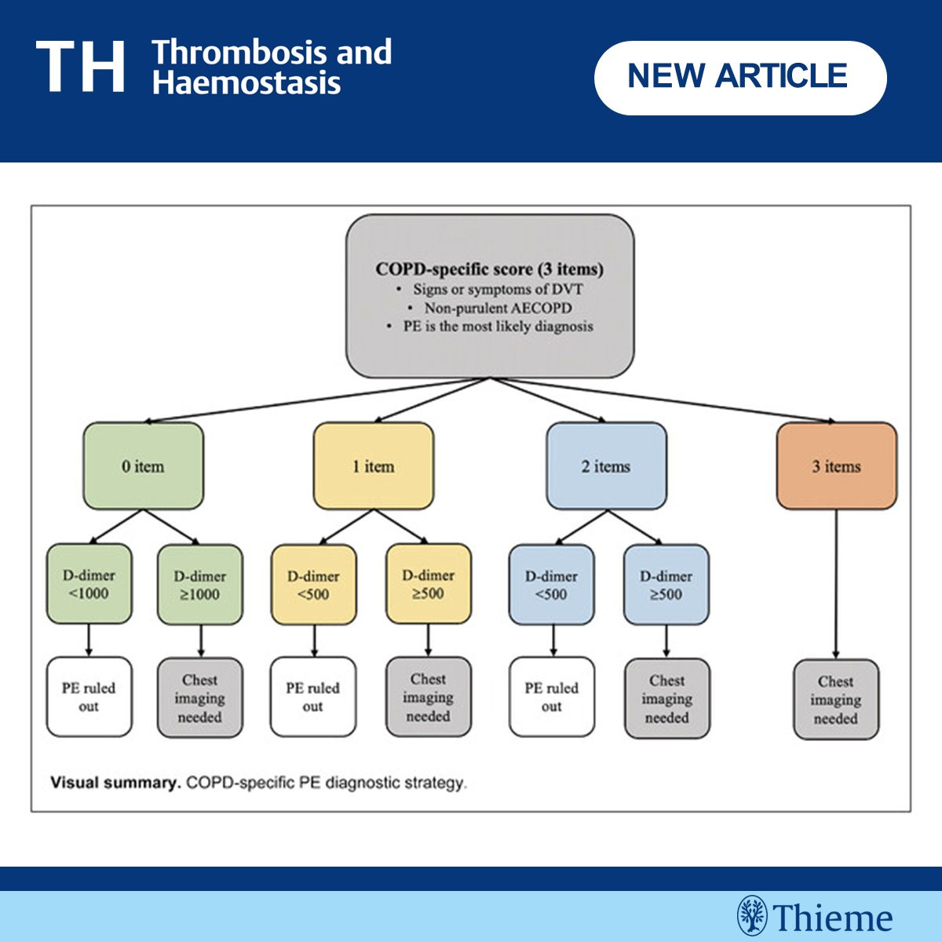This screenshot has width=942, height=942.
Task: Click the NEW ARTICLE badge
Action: coord(740,78)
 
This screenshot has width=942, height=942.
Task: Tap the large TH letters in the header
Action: coord(80,67)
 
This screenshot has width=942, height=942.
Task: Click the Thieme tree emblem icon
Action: coord(752,915)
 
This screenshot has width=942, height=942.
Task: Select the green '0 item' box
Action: coord(143,466)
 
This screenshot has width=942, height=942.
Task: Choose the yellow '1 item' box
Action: coord(374,466)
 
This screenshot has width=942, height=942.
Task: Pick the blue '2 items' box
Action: coord(606,466)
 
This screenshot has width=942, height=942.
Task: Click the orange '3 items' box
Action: coord(836,466)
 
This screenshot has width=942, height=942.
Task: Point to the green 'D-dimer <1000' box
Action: coord(89,584)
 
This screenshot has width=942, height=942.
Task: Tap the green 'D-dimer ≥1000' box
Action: coord(200,585)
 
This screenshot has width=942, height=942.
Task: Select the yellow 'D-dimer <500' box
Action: coord(314,585)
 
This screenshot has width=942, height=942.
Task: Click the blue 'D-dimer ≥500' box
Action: coord(666,585)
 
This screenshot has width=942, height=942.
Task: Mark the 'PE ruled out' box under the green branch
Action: coord(89,696)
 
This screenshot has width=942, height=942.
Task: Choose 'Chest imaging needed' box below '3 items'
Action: coord(836,699)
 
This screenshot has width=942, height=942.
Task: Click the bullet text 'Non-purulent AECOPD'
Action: coord(498,308)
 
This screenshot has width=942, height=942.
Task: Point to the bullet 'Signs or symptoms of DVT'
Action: coord(498,289)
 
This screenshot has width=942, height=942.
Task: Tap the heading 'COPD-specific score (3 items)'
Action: coord(489,269)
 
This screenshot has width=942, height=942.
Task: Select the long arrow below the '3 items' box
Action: coord(836,584)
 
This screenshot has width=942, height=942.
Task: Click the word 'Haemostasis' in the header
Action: coord(246,82)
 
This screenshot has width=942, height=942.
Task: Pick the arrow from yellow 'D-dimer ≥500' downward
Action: coord(429,641)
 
